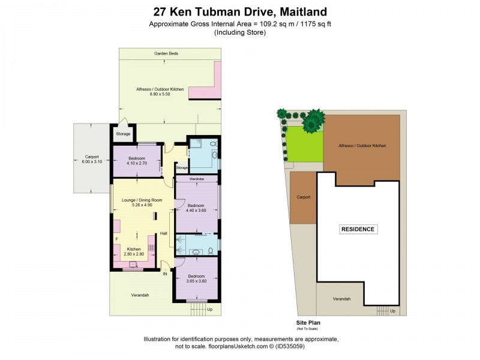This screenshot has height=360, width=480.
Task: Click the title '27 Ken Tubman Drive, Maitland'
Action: pos(240,11)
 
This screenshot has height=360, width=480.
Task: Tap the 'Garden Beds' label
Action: pos(166,53)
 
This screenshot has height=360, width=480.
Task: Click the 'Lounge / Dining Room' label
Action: pos(142,199)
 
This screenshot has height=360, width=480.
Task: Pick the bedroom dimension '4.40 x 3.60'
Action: pos(196,210)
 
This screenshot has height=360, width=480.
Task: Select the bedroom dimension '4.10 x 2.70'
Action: pos(136,163)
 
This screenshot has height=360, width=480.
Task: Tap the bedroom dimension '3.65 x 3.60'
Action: pos(196,281)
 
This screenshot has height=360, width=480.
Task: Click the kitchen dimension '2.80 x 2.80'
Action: pos(133,254)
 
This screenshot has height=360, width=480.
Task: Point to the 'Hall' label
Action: pos(163,233)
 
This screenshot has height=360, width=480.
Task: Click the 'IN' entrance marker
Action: pos(164,274)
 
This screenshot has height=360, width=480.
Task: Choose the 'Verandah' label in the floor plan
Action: pos(140,295)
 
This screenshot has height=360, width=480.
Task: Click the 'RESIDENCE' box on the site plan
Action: pos(358,229)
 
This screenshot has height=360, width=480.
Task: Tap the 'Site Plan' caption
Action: pos(309,322)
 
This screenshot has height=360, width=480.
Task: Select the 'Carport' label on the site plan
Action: pos(303,196)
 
